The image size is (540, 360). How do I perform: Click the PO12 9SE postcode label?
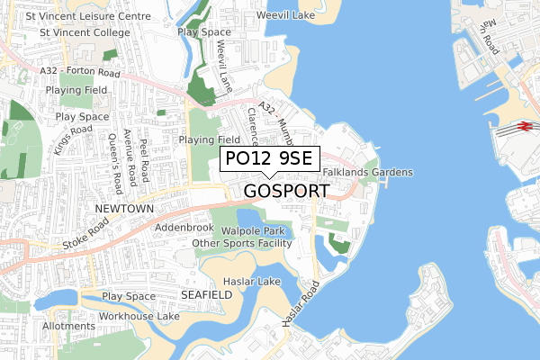(269, 158)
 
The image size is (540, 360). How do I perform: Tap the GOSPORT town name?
(286, 191)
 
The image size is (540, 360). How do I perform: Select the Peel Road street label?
(144, 160)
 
